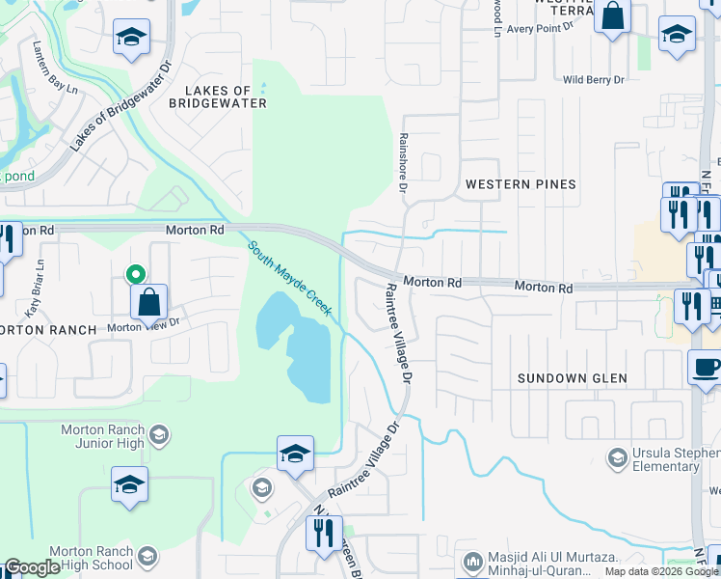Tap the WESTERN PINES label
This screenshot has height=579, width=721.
pyautogui.click(x=521, y=183)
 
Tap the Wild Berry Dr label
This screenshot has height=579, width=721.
pyautogui.click(x=593, y=80)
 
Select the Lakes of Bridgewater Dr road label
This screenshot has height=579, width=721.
pyautogui.click(x=120, y=106)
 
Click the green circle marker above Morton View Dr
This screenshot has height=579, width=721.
pyautogui.click(x=138, y=274)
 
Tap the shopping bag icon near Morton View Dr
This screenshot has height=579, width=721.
pyautogui.click(x=149, y=302)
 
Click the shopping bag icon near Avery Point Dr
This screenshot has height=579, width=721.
pyautogui.click(x=612, y=15)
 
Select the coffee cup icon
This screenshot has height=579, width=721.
pyautogui.click(x=706, y=368)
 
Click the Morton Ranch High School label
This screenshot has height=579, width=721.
pyautogui.click(x=96, y=557)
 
